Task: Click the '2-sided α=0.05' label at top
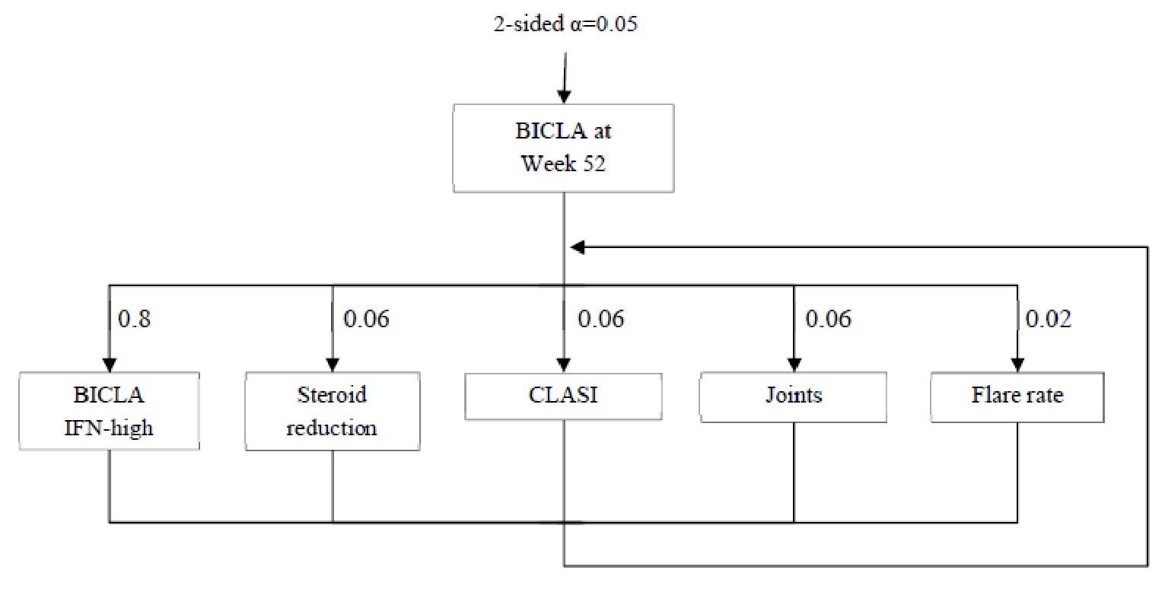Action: point(565,24)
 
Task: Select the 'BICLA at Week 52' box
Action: point(563,148)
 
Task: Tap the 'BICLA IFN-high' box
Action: point(110,411)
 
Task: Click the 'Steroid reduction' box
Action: point(333,411)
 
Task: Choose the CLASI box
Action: point(563,396)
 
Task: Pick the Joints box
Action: point(794,396)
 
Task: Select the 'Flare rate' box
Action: point(1017,396)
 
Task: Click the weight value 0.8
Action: point(135,318)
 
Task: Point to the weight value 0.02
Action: point(1049,318)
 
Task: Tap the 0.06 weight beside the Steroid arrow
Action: point(366,318)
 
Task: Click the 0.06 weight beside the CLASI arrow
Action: point(600,318)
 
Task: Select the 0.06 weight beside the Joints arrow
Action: point(828,318)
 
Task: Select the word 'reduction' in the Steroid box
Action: point(332,428)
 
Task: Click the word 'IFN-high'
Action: point(110,428)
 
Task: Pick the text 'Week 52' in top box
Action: point(563,164)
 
